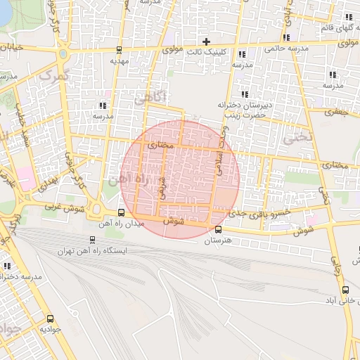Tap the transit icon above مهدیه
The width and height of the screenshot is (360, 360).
118,50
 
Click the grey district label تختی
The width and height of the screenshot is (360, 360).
296,138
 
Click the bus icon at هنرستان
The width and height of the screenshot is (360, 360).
217,229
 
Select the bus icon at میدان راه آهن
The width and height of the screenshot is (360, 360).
122,212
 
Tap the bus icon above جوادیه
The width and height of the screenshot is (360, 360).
50,319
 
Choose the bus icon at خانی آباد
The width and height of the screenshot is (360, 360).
345,289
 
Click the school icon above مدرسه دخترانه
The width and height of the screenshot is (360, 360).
7,266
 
